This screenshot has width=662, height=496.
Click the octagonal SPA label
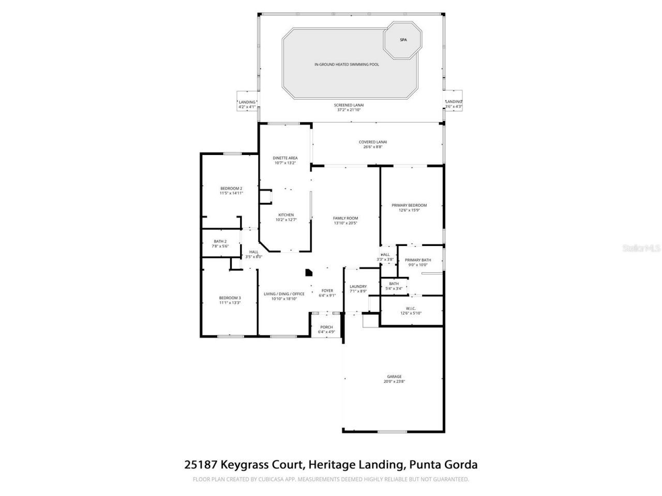pyautogui.click(x=403, y=40)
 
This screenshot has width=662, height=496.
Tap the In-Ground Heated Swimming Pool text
pyautogui.click(x=347, y=65)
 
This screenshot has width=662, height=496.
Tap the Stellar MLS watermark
pyautogui.click(x=641, y=248)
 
